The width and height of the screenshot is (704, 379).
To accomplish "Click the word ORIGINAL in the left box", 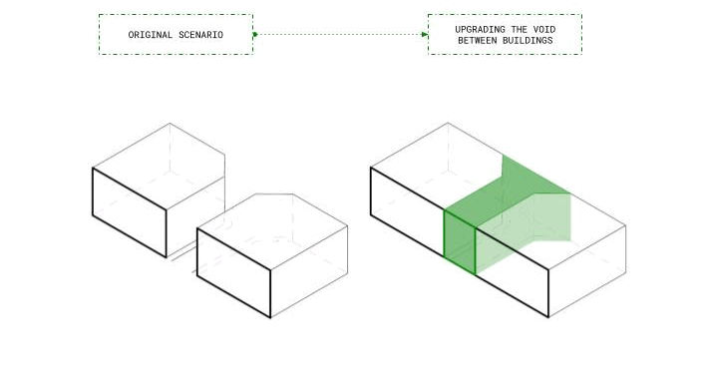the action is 150,35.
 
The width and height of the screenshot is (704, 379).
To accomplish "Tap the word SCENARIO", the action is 200,35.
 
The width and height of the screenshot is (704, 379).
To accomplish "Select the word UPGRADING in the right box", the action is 480,30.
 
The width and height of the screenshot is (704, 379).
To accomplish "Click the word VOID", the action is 544,30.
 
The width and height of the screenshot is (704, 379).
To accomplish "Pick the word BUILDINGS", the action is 528,41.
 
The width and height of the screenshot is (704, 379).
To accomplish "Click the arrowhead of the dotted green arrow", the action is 425,34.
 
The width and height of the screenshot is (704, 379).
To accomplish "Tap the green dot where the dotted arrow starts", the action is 254,34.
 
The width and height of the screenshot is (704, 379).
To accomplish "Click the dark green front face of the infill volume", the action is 460,242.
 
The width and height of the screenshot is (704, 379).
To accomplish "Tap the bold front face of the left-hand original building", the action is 130,212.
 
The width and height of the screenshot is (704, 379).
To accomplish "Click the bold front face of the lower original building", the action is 234,272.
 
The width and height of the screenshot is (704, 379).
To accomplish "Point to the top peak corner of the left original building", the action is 170,124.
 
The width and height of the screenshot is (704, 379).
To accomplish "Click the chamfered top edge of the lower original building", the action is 274,194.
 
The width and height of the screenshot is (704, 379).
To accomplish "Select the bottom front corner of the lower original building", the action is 270,317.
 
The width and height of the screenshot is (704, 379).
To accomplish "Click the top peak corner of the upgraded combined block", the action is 448,123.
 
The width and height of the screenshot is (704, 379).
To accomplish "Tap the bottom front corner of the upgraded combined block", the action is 548,317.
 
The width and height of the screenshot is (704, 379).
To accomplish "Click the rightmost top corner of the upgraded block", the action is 625,225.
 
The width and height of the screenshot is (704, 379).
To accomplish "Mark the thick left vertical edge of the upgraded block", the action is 371,191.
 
